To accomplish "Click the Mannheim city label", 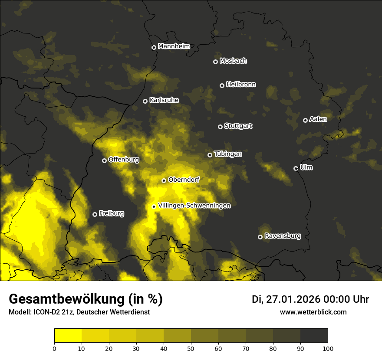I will pos(174,46).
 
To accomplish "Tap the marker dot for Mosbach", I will pos(215,62).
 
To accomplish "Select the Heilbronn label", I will pos(241,85).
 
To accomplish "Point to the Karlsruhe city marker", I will pos(145,101).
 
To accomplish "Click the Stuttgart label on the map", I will pos(238,126).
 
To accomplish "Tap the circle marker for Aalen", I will pos(305,120).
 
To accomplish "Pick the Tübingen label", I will pos(228,154).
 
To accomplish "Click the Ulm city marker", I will pos(296,168).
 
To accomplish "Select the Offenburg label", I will pos(124,160).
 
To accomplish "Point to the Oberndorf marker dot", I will pos(164,180).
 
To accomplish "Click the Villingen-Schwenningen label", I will pos(194,206).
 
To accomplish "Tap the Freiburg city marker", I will pos(95,214).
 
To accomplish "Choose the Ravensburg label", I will pos(283,236).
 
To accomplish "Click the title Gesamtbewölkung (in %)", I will pos(86,299).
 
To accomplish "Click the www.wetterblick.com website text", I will pos(313,312).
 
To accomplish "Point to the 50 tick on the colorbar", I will pos(191,348).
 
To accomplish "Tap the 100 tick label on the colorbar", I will pos(328,348).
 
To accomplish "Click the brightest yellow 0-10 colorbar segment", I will pos(68,335).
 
